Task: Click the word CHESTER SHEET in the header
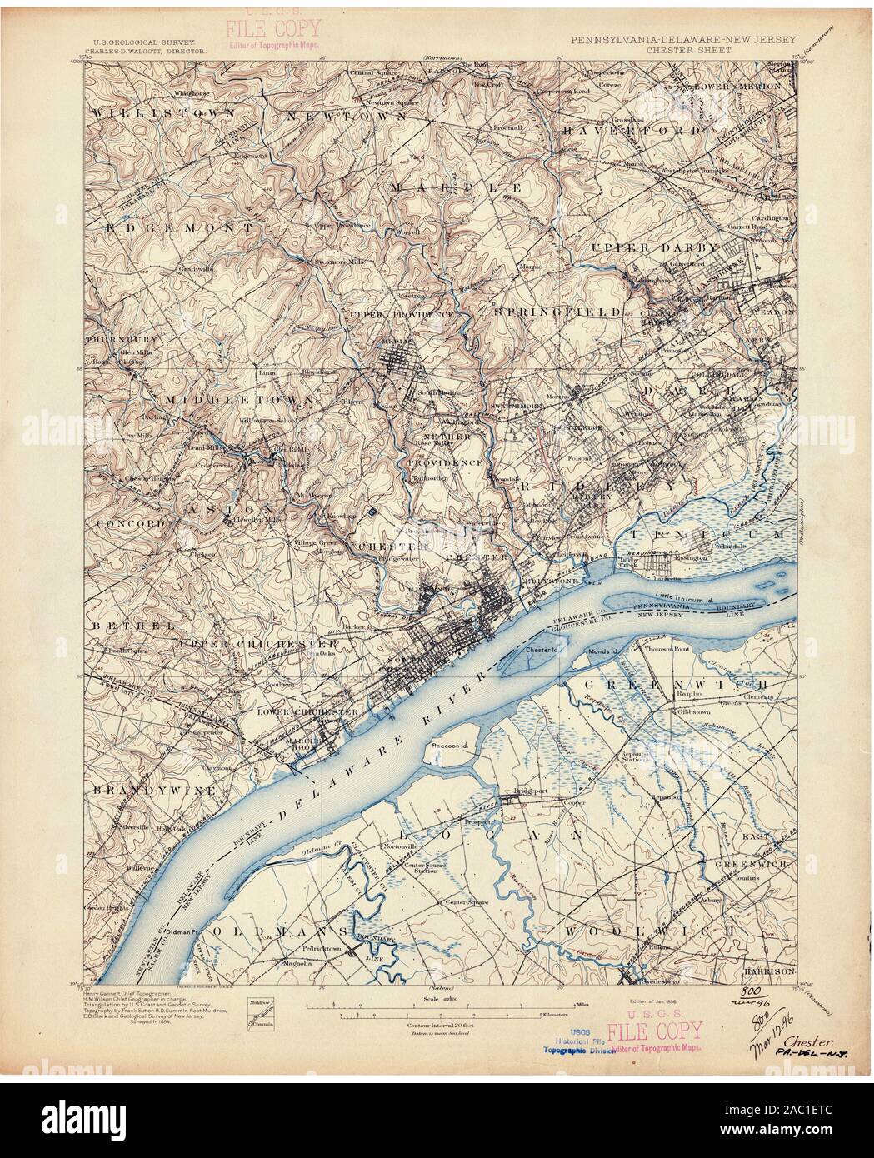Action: pyautogui.click(x=682, y=48)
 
